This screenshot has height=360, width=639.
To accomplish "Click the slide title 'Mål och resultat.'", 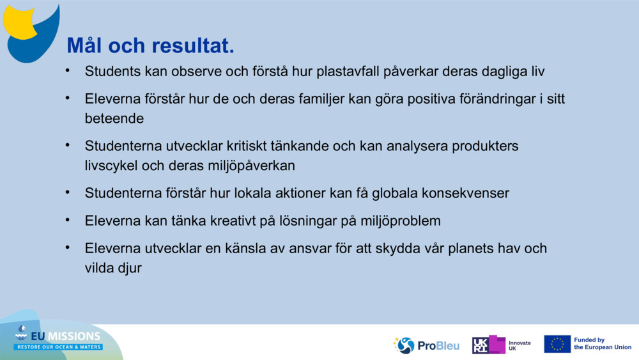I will [x=150, y=46].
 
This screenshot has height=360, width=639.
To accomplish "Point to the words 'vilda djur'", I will [x=113, y=268].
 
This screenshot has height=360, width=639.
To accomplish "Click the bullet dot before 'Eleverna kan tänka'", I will [x=67, y=219].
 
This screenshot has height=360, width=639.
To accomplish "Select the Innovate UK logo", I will [x=502, y=345].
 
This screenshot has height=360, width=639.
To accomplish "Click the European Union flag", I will [x=557, y=344].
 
